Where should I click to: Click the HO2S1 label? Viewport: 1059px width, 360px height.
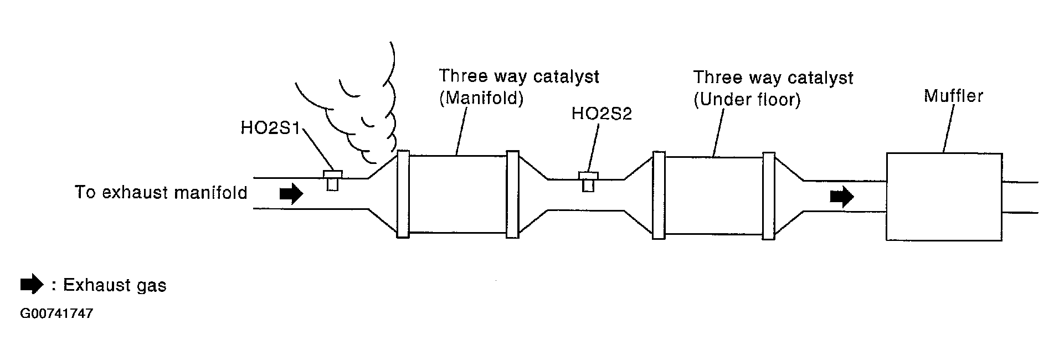point(270,128)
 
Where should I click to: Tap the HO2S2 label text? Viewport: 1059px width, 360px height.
point(602,114)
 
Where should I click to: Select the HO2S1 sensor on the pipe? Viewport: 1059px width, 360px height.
point(332,179)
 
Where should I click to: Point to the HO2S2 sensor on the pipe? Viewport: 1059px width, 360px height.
point(588,181)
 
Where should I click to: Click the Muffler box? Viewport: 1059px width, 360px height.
point(944,197)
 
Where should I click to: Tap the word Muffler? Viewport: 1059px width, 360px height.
point(953,96)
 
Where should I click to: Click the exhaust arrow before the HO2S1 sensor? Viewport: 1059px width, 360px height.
point(291,193)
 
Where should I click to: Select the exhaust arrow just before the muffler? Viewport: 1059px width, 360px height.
point(842,196)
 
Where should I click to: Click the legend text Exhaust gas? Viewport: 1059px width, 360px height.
point(115,285)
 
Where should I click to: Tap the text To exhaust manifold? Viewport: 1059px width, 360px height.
point(161,193)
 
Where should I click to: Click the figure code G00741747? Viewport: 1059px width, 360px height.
point(56,314)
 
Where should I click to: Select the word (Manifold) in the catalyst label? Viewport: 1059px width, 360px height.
point(481,98)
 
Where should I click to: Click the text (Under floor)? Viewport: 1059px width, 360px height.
point(747,100)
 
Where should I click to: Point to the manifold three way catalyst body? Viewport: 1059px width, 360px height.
point(457,194)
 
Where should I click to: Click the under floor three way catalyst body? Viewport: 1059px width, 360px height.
point(713,196)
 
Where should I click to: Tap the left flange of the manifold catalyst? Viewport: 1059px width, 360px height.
point(403,194)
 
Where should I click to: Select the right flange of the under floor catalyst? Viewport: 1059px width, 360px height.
point(768,196)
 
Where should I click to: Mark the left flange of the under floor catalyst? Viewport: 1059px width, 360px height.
point(659,195)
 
